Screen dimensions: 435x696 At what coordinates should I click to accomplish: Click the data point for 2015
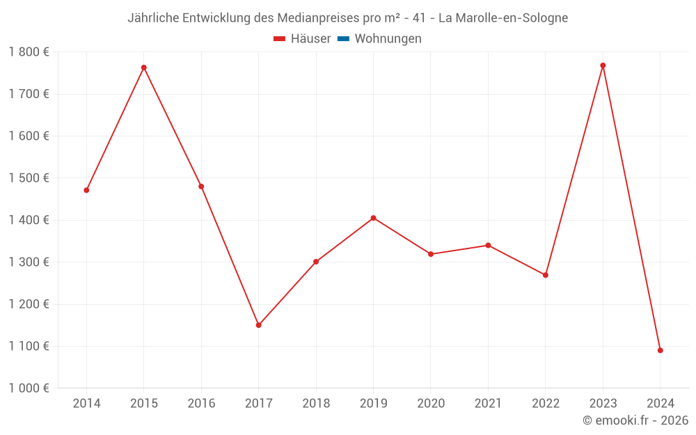coord(144,68)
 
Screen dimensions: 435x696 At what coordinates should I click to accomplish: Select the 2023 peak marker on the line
coord(603,65)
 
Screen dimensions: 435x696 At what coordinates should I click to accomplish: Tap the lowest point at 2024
coord(660,350)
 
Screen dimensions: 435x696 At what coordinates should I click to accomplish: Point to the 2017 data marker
coord(258,325)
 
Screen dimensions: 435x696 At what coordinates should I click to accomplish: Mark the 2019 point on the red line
coord(373,218)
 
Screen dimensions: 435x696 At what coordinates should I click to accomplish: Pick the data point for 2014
coord(86,190)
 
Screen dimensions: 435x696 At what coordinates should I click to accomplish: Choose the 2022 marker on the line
coord(546,275)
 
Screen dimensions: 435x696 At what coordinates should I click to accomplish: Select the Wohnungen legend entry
coord(388,39)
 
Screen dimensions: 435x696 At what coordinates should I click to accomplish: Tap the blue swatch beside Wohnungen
coord(343,39)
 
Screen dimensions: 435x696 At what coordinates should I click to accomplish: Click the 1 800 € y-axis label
coord(29,52)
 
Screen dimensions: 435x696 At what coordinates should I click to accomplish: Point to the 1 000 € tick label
coord(29,388)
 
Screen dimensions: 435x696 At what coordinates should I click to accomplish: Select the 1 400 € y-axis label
coord(29,220)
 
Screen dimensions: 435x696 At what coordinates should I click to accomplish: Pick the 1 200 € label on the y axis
coord(29,304)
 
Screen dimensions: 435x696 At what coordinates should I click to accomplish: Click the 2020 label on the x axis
coord(431,404)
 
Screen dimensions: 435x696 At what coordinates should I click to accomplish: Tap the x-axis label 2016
coord(201,404)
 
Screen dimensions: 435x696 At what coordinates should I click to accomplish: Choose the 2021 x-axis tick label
coord(488,404)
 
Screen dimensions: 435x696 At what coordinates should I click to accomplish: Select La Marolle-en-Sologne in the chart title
coord(503,18)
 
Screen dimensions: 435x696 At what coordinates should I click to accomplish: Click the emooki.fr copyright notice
coord(635,420)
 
